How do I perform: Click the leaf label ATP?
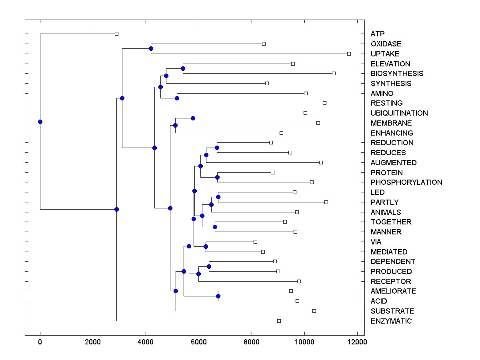[x=378, y=34]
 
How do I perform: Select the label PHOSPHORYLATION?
[x=406, y=182]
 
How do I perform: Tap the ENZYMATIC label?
[x=391, y=321]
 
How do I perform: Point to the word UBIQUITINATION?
[x=399, y=113]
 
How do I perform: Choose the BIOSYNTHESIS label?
[x=397, y=74]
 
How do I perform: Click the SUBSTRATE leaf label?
[x=392, y=311]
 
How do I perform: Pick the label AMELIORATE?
[x=393, y=291]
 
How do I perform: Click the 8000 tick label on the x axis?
[x=252, y=342]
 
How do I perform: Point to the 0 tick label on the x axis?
[x=40, y=342]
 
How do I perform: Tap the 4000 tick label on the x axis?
[x=146, y=342]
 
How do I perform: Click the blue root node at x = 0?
[x=40, y=122]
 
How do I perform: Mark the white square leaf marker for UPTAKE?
[x=349, y=54]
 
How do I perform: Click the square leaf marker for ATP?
[x=116, y=34]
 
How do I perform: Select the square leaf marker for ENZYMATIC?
[x=279, y=321]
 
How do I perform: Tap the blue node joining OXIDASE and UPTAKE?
[x=151, y=49]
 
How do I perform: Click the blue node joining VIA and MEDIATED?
[x=206, y=246]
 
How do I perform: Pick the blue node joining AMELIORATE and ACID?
[x=218, y=296]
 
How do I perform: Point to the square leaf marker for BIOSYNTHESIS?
[x=334, y=73]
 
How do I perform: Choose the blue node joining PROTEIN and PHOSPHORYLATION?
[x=218, y=177]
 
